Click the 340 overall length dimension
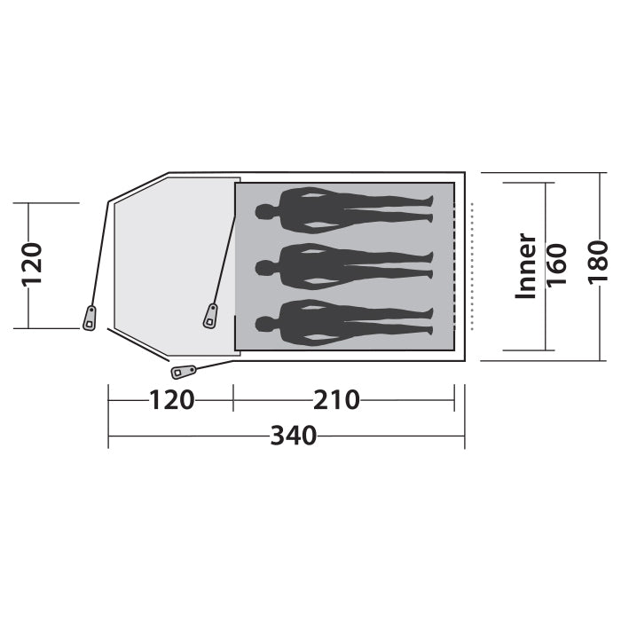(x=293, y=436)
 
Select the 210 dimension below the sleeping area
(x=336, y=401)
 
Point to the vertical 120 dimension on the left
(x=32, y=264)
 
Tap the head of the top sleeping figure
(x=263, y=211)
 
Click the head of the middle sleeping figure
(x=263, y=266)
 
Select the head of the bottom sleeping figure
(x=263, y=321)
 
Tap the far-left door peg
(x=90, y=318)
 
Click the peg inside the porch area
(x=211, y=315)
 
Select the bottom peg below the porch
(x=185, y=370)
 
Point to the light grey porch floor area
(x=169, y=266)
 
